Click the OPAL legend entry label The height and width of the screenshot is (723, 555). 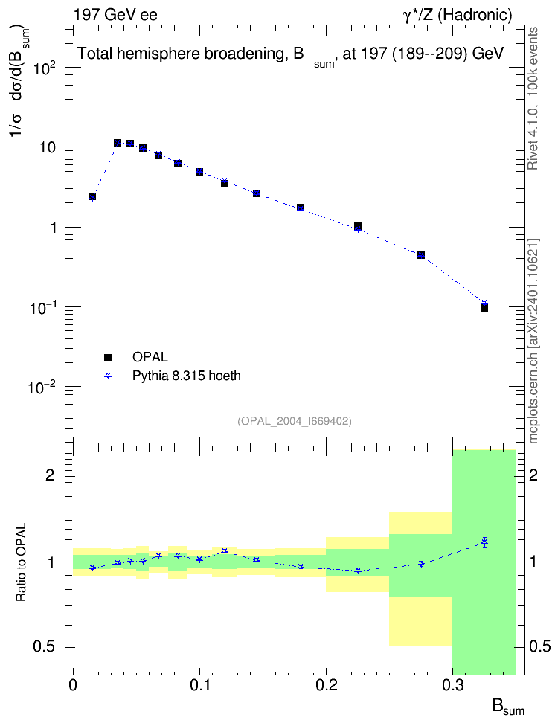pos(150,357)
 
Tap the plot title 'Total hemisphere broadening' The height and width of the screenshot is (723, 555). pos(190,54)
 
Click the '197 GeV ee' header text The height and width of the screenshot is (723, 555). pos(115,15)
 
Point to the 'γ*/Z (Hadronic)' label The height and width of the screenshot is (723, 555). pos(458,15)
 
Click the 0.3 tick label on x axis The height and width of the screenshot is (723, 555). pos(453,685)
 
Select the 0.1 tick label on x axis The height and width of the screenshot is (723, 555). pos(200,685)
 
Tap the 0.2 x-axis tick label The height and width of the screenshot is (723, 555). pos(326,685)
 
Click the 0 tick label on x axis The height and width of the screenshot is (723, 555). pos(73,685)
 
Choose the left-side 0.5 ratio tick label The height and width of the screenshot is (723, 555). pos(44,646)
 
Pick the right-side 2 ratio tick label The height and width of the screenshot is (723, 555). pos(533,475)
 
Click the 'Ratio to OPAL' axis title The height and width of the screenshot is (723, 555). pos(22,562)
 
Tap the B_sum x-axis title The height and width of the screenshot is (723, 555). pos(508,707)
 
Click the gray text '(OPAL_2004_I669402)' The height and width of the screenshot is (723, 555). pos(295,421)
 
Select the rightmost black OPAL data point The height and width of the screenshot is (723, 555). pos(484,307)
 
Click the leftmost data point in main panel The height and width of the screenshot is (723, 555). pos(92,196)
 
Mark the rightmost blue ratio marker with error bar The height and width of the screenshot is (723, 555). pos(484,543)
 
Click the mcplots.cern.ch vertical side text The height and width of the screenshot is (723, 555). pos(533,341)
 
